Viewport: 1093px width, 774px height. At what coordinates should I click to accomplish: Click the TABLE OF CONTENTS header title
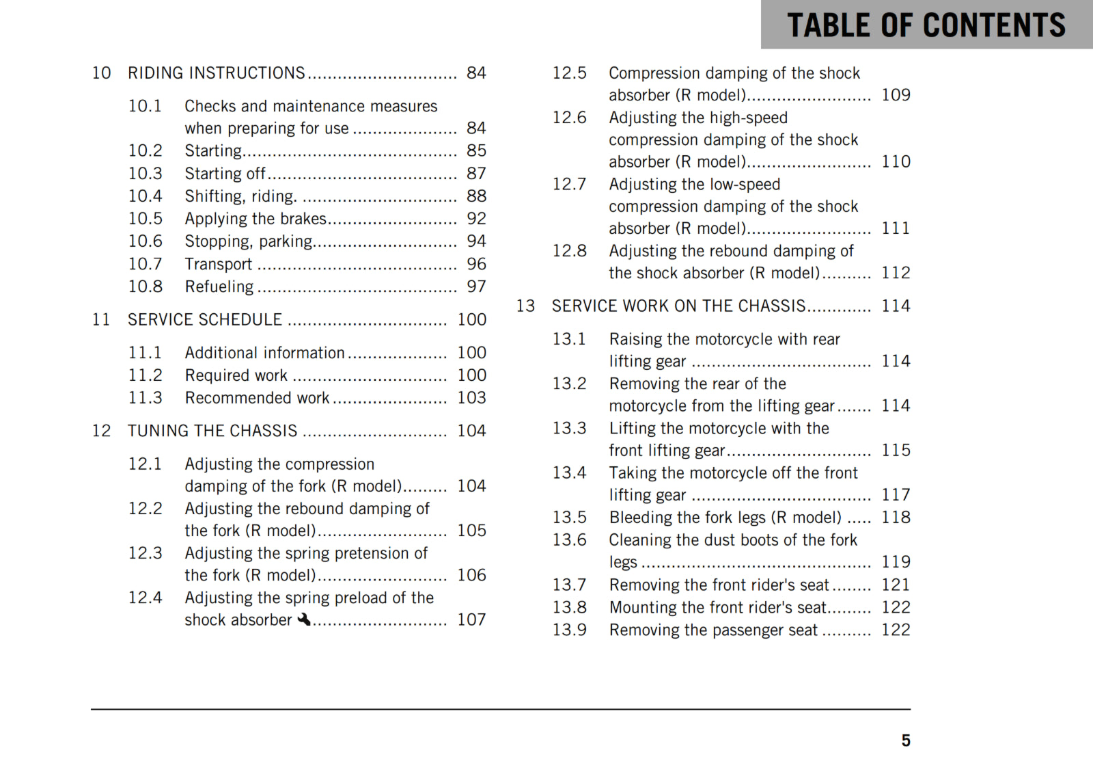click(926, 25)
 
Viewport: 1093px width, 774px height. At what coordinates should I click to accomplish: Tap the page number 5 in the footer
click(906, 740)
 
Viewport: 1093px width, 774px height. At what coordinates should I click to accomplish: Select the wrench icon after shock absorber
click(304, 619)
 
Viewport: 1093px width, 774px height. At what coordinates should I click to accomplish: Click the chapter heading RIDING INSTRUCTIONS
click(216, 73)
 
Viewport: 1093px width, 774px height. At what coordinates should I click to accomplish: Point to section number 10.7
click(146, 264)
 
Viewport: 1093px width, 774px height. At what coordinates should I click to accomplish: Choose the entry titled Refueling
click(219, 286)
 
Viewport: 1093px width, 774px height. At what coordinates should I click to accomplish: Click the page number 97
click(476, 286)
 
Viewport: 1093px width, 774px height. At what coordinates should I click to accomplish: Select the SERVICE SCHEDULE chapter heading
click(204, 320)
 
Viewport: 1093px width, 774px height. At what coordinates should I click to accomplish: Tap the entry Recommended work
click(257, 398)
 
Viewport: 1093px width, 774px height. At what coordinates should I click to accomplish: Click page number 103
click(471, 398)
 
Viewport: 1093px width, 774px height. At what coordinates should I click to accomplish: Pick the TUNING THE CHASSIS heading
click(212, 431)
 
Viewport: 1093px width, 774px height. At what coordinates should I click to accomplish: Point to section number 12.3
click(146, 553)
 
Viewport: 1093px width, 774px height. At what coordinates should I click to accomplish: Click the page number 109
click(896, 95)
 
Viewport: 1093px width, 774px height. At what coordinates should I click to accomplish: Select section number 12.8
click(569, 251)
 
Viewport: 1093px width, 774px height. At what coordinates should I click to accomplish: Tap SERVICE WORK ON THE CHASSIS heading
click(678, 306)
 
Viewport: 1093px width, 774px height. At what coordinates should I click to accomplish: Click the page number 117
click(896, 495)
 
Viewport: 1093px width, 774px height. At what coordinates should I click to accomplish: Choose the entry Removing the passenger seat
click(712, 630)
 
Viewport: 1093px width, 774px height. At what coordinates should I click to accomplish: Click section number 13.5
click(569, 518)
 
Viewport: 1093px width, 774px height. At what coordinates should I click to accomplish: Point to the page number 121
click(896, 585)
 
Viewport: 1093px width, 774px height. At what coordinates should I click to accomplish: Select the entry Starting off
click(225, 174)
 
